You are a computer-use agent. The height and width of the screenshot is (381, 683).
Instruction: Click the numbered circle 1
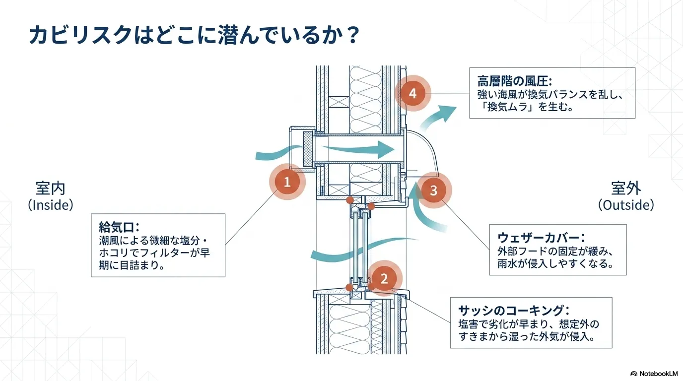(x=287, y=182)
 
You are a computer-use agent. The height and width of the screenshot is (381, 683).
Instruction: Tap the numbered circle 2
(x=384, y=279)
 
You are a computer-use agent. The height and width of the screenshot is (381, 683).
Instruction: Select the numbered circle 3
(x=434, y=190)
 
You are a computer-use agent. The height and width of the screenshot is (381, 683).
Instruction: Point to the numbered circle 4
(x=412, y=94)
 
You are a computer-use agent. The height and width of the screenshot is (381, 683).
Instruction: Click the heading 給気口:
(x=119, y=227)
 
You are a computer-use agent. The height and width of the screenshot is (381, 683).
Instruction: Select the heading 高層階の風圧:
(x=515, y=81)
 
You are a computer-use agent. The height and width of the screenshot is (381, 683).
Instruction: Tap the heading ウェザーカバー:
(x=541, y=238)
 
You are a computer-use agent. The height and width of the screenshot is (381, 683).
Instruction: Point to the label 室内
(x=50, y=189)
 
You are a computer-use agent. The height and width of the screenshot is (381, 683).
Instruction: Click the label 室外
(x=626, y=189)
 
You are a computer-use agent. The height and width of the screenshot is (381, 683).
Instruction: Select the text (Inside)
(x=51, y=205)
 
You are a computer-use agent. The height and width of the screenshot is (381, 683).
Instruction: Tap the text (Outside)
(x=626, y=205)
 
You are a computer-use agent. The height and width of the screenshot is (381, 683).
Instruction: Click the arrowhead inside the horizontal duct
(x=385, y=150)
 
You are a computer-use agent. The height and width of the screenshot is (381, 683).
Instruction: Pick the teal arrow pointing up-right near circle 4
(x=438, y=118)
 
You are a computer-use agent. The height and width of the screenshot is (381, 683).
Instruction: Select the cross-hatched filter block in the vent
(x=308, y=149)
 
